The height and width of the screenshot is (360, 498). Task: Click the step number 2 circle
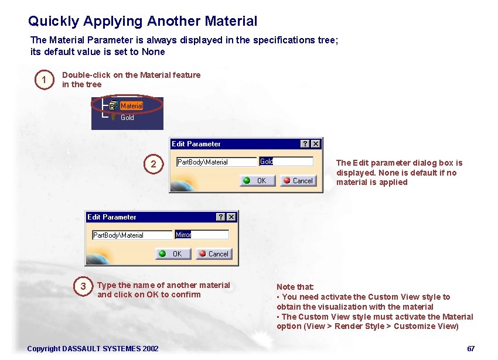pos(154,164)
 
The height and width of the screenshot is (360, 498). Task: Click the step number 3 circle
pos(83,286)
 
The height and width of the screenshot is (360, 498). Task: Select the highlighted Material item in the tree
pos(131,106)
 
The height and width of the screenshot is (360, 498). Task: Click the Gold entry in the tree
pos(127,118)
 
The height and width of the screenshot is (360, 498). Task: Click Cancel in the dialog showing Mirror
pos(214,254)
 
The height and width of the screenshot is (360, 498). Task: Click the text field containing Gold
pos(286,162)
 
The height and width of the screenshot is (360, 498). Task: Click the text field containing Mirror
pos(202,235)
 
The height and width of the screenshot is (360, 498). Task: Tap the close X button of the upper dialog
pos(316,144)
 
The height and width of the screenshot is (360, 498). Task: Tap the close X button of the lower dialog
pos(231,217)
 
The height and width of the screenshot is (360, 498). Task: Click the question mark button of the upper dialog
pos(305,144)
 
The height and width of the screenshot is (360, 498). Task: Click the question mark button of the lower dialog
pos(221,217)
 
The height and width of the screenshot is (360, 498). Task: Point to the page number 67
pos(470,349)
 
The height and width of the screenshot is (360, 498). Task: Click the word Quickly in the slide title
pos(53,22)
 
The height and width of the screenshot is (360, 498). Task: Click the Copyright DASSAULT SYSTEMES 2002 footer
pos(93,349)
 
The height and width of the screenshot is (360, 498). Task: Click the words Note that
pos(295,287)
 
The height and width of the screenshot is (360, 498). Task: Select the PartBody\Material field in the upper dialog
pos(216,162)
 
